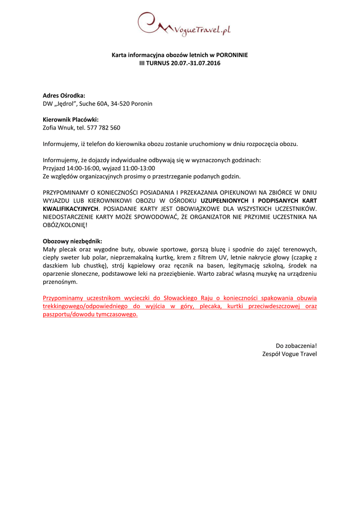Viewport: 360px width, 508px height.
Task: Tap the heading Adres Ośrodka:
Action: (64, 95)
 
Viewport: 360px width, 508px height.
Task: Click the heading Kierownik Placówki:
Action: (71, 120)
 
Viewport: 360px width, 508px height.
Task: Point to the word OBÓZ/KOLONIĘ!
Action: (62, 225)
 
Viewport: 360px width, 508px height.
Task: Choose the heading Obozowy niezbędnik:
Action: (72, 241)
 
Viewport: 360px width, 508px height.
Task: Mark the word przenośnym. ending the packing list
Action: (60, 281)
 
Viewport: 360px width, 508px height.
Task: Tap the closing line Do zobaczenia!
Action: (296, 345)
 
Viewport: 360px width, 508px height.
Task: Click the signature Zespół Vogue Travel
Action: (289, 354)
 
